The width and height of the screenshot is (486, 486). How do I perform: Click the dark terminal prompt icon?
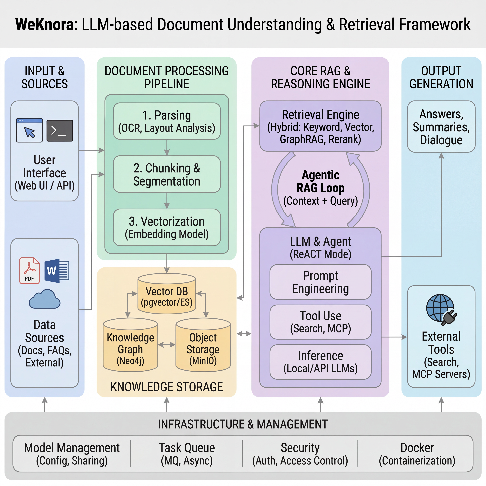60,130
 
